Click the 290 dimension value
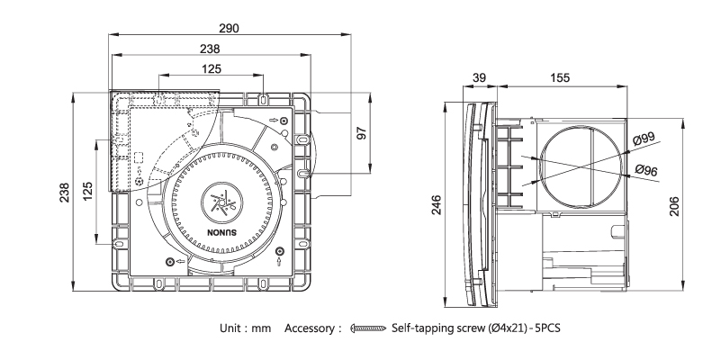point(230,29)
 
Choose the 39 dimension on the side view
point(480,79)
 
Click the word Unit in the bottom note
point(232,329)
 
